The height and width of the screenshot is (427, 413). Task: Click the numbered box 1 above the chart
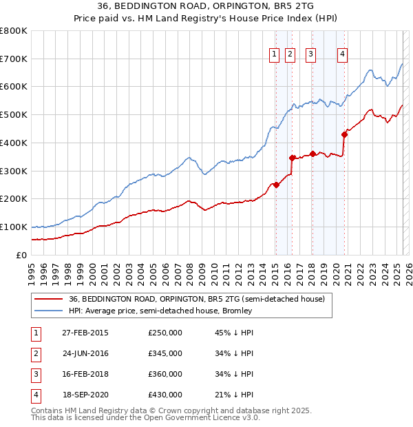274,54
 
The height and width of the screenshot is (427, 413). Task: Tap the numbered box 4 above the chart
342,54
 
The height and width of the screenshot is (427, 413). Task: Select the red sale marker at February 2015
276,185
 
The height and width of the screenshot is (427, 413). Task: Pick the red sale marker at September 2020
344,134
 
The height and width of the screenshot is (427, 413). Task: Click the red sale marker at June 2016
293,158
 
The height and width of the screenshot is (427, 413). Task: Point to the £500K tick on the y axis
14,115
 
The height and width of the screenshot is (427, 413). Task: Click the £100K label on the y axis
14,227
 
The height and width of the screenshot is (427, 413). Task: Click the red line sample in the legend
47,299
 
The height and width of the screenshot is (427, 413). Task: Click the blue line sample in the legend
47,311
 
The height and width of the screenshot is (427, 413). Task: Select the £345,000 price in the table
165,353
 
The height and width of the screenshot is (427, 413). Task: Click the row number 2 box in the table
35,353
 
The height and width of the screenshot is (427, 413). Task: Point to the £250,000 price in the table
165,333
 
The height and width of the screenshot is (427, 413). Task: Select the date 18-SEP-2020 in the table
85,395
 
